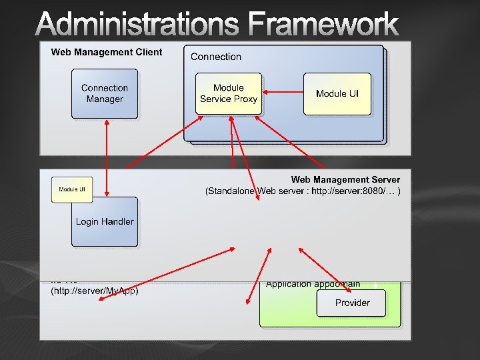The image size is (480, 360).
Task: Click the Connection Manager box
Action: pos(105,94)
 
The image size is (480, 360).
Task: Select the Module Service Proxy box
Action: pos(229,94)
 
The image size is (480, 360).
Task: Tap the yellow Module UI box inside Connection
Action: pos(337,94)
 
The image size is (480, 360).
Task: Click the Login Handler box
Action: pos(105,222)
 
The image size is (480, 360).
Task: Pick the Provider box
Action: pos(352,303)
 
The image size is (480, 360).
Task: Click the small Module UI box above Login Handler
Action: pos(72,190)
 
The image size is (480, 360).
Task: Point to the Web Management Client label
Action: pos(107,52)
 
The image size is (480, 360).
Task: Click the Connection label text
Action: pos(216,57)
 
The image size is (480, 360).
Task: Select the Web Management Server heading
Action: pos(345,179)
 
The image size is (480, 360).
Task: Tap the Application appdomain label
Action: pos(313,284)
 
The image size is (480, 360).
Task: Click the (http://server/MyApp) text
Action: pos(95,291)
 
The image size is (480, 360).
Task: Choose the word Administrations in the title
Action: pos(137,25)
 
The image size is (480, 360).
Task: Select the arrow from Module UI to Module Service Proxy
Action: pos(283,93)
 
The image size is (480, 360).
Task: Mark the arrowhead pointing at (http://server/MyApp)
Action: pos(101,299)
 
